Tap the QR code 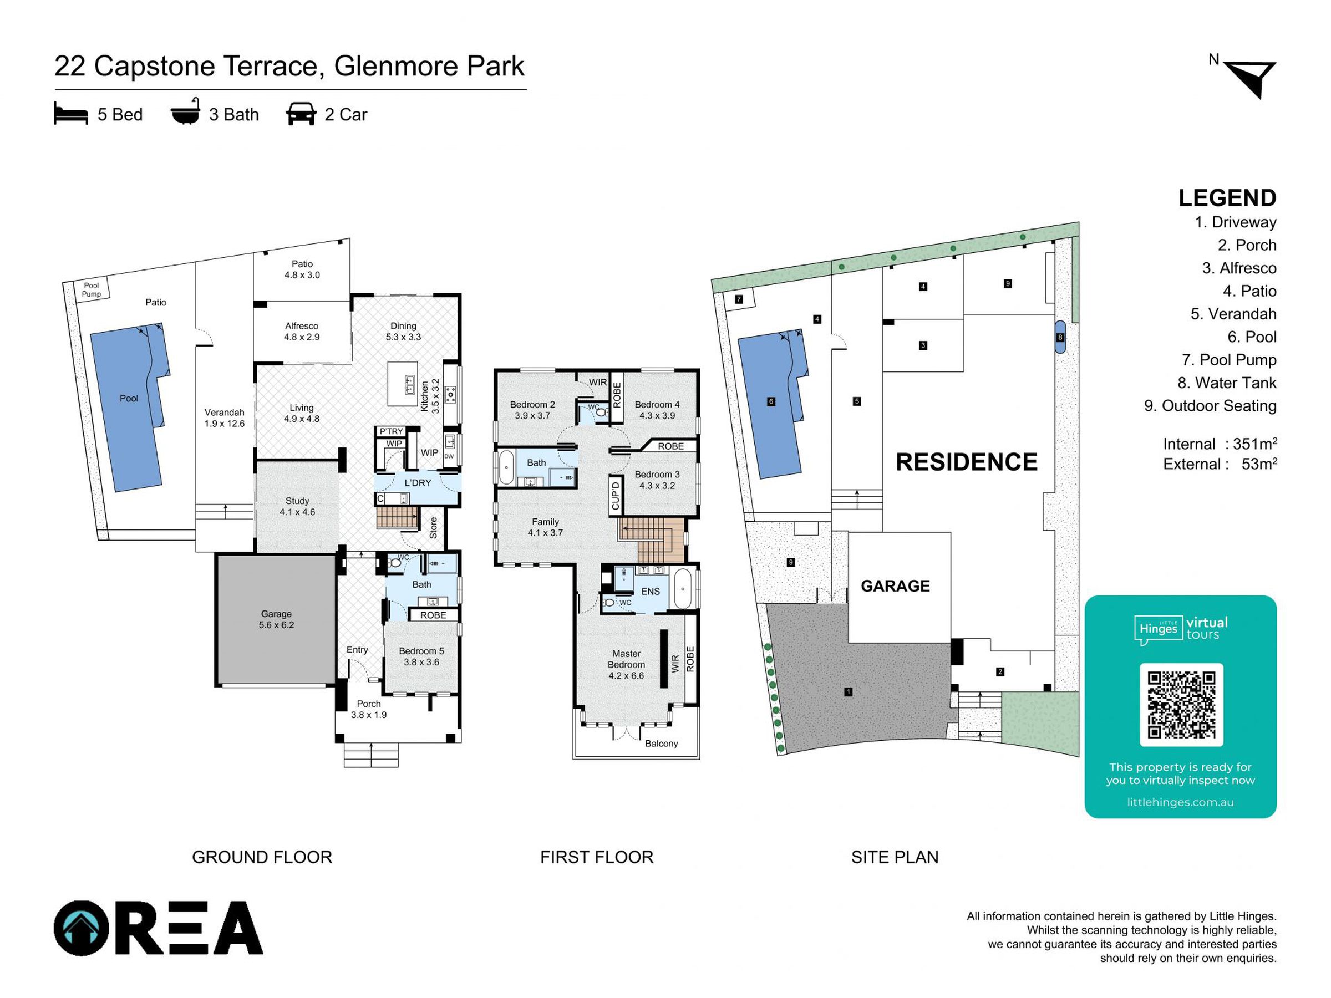[1181, 705]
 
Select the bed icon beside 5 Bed [71, 114]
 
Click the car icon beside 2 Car [301, 114]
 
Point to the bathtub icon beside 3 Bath [185, 112]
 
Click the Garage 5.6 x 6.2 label [276, 619]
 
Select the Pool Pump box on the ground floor [92, 289]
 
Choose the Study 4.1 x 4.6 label [297, 506]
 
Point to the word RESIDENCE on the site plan [966, 462]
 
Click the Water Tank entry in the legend [1227, 383]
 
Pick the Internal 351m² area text [1220, 444]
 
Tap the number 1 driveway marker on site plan [849, 692]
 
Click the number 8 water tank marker [1060, 338]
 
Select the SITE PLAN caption [895, 857]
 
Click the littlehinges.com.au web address [1181, 802]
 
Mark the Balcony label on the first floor [661, 744]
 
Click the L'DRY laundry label [418, 482]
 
